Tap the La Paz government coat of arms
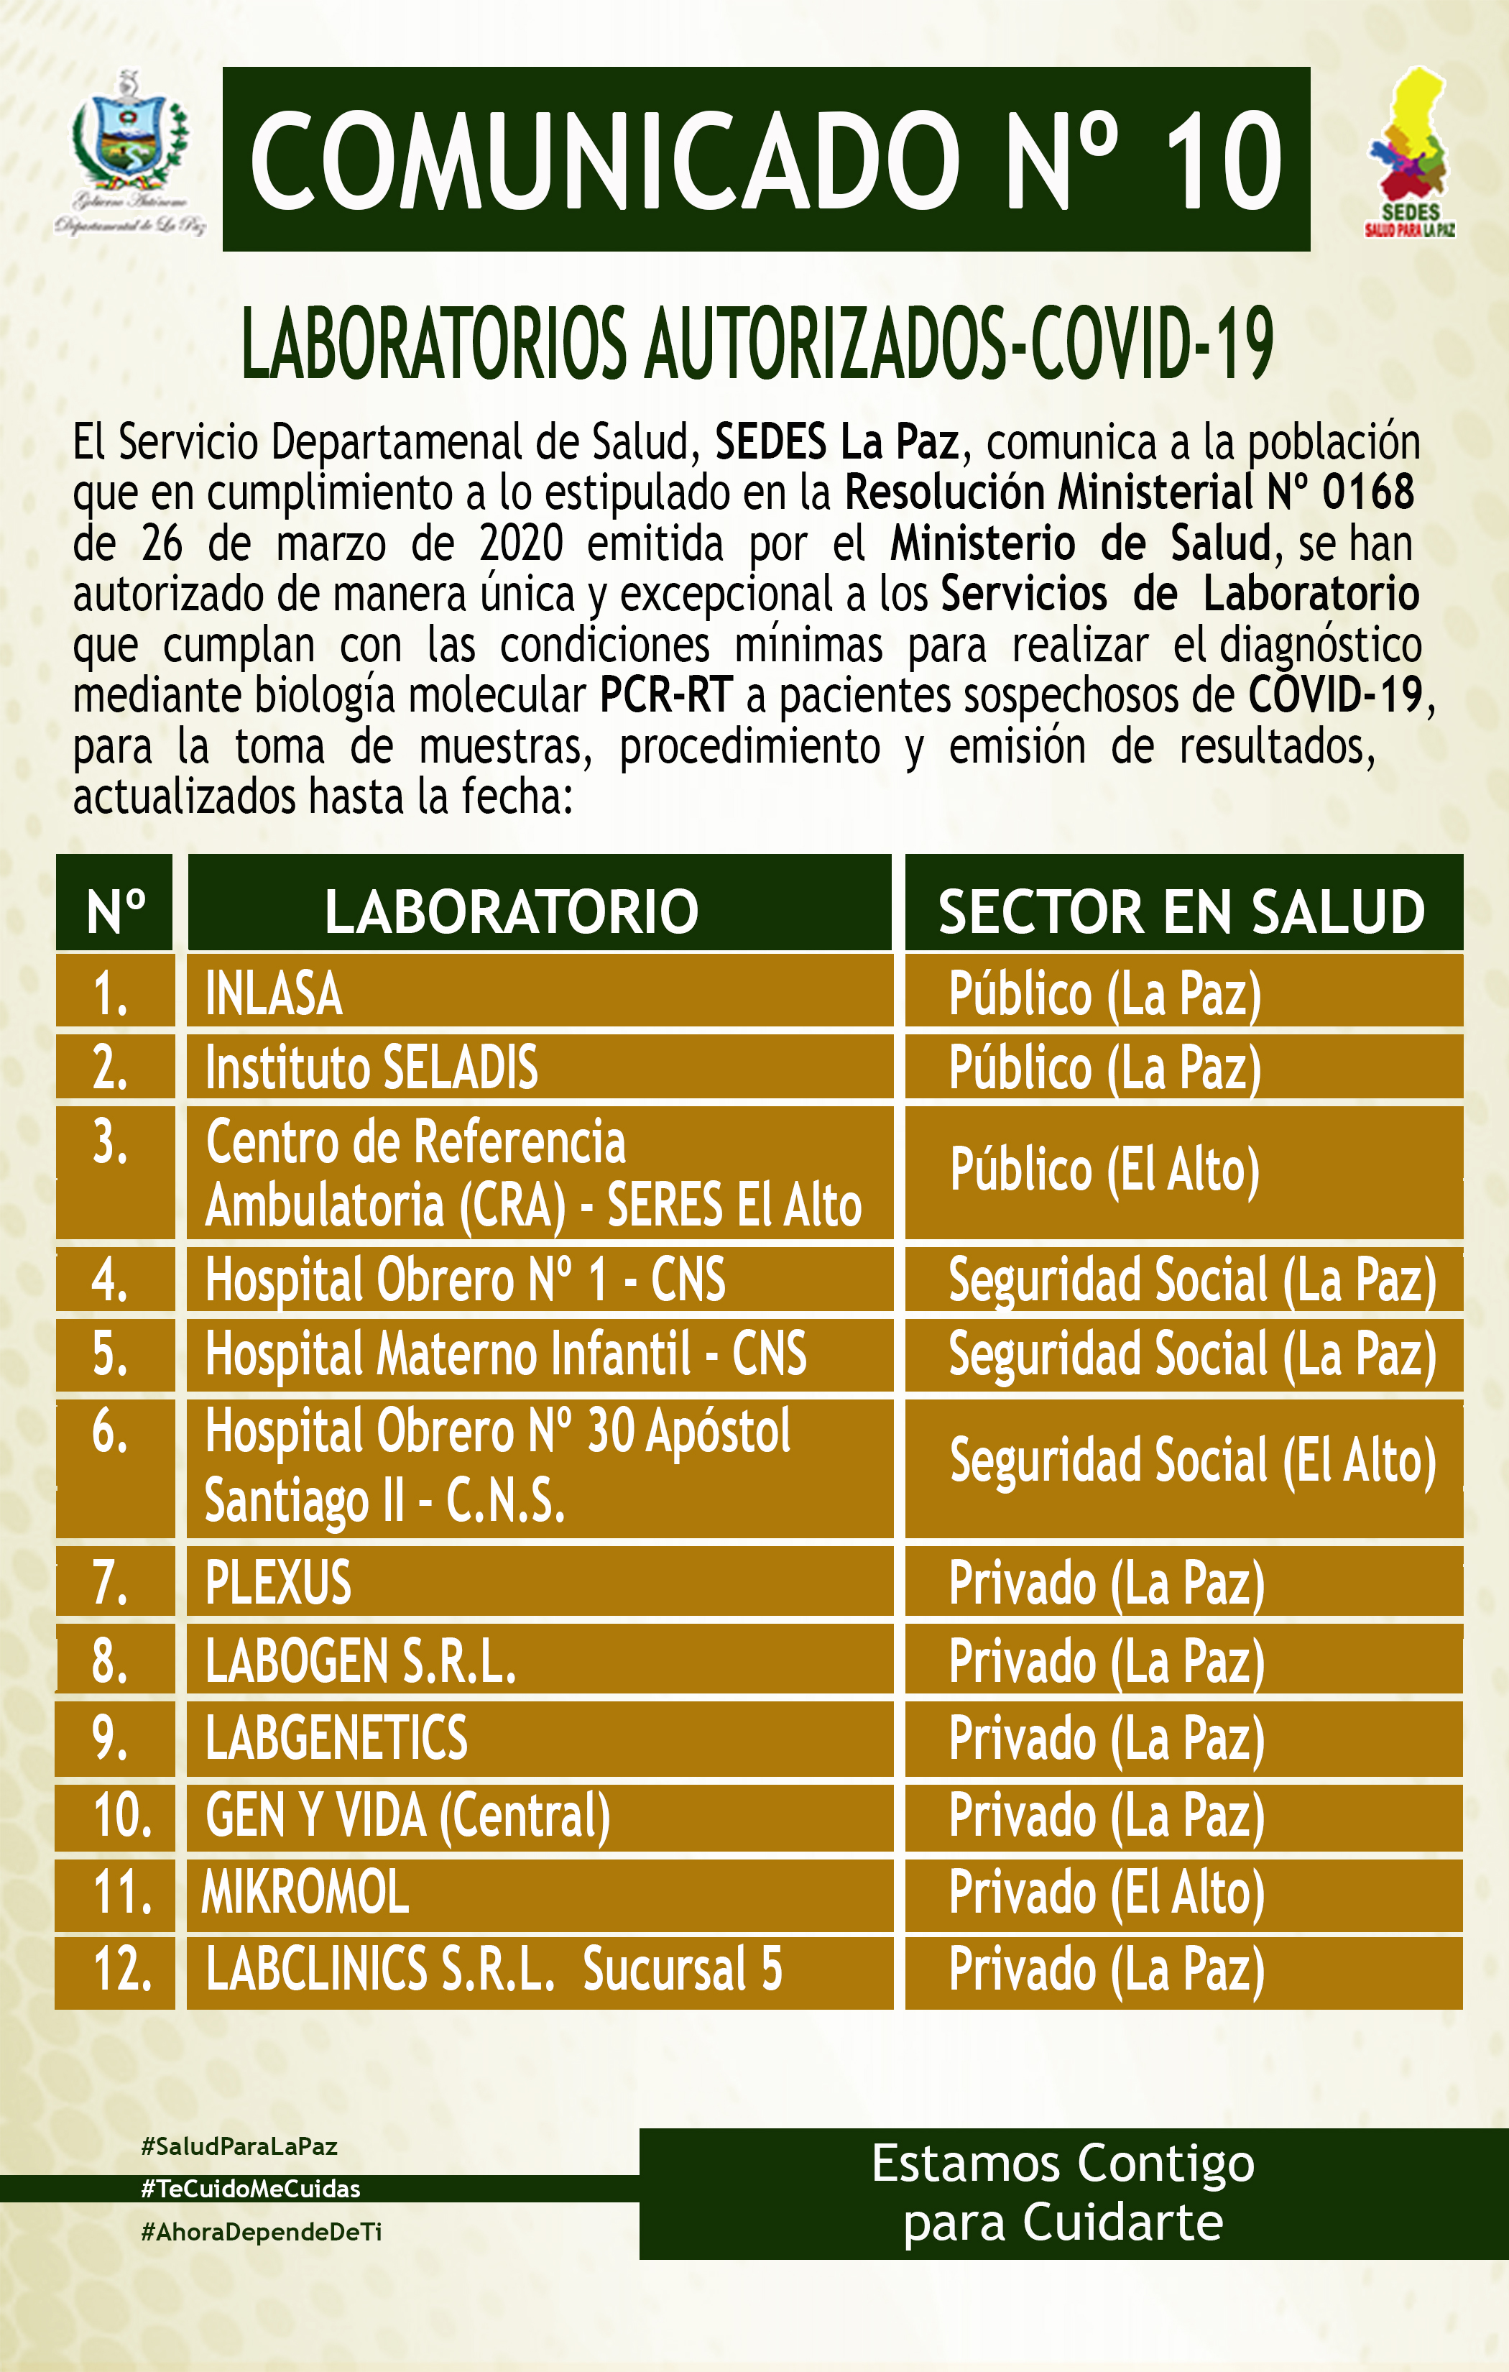(x=130, y=148)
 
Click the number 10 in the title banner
(x=1222, y=160)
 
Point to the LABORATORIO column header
(x=511, y=911)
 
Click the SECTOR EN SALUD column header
(x=1181, y=911)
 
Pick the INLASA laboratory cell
(x=274, y=993)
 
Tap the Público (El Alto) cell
(x=1104, y=1171)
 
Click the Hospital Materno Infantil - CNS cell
(x=505, y=1353)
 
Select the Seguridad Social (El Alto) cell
(x=1192, y=1461)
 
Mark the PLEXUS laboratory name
(x=278, y=1583)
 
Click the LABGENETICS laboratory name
(x=336, y=1737)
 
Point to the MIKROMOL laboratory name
(x=305, y=1893)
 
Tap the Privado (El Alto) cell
(x=1106, y=1893)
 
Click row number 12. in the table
(x=122, y=1969)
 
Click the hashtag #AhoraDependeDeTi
(x=261, y=2232)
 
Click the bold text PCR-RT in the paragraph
(x=666, y=696)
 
